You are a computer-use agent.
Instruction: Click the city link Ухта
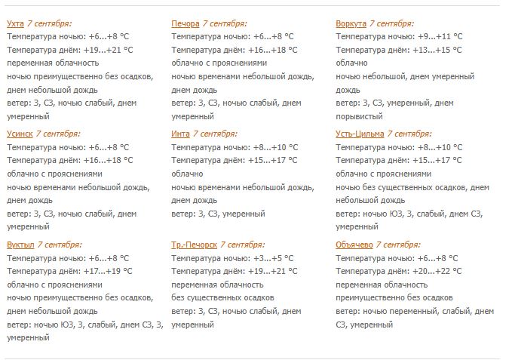pyautogui.click(x=15, y=23)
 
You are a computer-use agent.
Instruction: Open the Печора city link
pyautogui.click(x=185, y=23)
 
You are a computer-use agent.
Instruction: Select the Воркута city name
pyautogui.click(x=351, y=23)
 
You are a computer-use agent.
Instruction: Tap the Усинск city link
pyautogui.click(x=20, y=134)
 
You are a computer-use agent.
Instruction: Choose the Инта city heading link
pyautogui.click(x=180, y=134)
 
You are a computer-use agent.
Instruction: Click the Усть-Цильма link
pyautogui.click(x=360, y=134)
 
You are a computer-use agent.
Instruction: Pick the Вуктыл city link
pyautogui.click(x=20, y=245)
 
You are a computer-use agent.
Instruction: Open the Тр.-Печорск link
pyautogui.click(x=194, y=245)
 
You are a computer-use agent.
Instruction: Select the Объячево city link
pyautogui.click(x=354, y=245)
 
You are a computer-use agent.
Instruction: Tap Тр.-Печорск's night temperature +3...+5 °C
pyautogui.click(x=270, y=257)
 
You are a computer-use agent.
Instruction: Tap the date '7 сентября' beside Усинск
pyautogui.click(x=61, y=134)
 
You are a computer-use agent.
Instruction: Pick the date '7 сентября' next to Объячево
pyautogui.click(x=398, y=245)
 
